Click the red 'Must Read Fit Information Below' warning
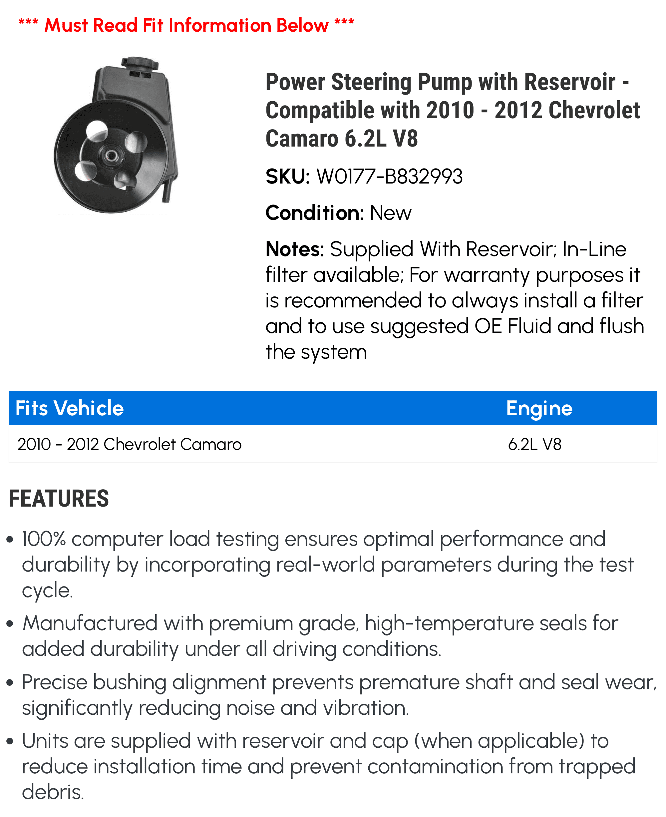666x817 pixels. click(x=186, y=25)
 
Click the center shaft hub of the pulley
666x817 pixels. click(x=111, y=156)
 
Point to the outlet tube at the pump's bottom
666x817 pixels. click(x=166, y=192)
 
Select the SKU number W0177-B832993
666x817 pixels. click(x=389, y=177)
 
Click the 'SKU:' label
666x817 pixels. click(x=287, y=177)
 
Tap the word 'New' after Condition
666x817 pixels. click(x=390, y=212)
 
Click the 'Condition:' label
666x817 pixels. click(x=315, y=212)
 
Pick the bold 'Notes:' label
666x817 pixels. click(x=295, y=249)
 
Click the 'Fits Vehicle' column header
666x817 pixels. click(x=70, y=408)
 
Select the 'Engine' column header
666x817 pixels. click(x=539, y=408)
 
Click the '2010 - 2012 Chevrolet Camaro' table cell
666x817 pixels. click(x=129, y=444)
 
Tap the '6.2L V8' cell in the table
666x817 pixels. click(x=534, y=444)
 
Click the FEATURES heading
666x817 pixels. click(x=59, y=499)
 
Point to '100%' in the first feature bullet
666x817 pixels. click(x=43, y=539)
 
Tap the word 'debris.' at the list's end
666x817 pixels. click(x=53, y=792)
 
